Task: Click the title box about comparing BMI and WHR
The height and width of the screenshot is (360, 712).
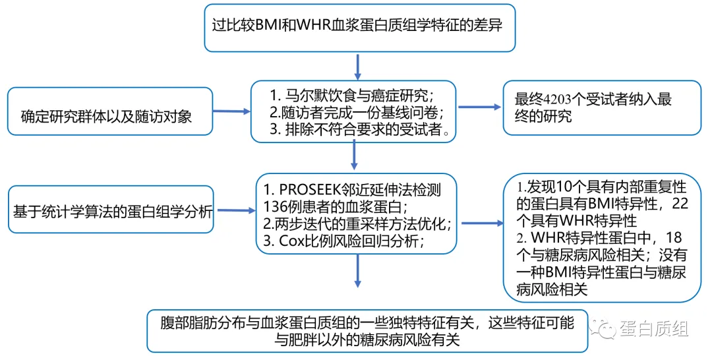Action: [359, 27]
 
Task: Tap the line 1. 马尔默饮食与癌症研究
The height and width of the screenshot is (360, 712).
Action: [353, 93]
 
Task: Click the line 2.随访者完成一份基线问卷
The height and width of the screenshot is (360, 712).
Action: [353, 111]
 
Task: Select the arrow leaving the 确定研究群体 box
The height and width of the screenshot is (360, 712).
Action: [231, 112]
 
